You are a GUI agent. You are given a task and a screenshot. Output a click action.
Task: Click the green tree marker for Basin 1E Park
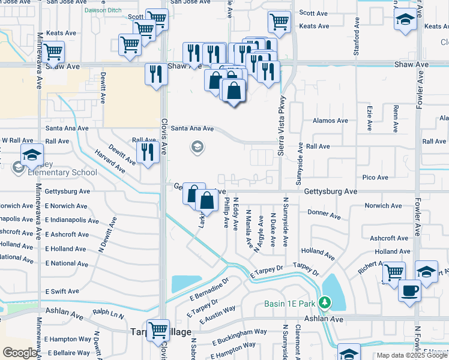click(x=325, y=303)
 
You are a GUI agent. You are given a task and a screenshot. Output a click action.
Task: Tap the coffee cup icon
click(x=409, y=290)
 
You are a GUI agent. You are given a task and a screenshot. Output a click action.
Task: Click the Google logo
click(x=20, y=353)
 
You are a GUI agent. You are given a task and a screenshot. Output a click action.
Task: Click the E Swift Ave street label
click(x=62, y=291)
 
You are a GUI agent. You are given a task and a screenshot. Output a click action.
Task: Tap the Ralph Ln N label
click(x=108, y=313)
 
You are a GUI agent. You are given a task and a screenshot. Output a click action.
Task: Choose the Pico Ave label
click(x=375, y=178)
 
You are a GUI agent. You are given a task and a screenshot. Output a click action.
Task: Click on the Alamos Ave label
click(x=330, y=121)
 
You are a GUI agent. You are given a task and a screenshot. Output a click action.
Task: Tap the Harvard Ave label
click(x=109, y=161)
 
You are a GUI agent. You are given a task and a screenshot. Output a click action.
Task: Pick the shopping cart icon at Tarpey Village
click(x=158, y=329)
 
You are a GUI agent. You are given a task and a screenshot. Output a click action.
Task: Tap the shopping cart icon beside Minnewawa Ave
click(x=53, y=52)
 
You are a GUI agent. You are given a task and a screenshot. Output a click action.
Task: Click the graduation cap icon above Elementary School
click(x=32, y=155)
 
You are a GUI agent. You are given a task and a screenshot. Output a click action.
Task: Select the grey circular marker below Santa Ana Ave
click(x=196, y=146)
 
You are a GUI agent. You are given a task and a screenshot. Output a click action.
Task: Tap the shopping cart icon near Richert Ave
click(x=393, y=272)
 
